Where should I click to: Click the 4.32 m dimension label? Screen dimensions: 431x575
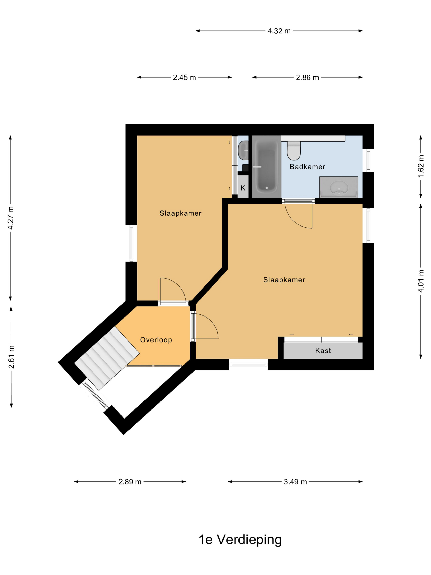point(279,31)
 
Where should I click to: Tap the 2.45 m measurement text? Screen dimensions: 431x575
point(184,77)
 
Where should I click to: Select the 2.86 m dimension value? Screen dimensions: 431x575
point(307,77)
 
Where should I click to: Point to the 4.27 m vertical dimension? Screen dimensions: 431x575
point(11,218)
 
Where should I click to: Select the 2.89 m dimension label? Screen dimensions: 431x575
point(130,482)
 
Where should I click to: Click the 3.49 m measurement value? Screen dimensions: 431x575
point(295,482)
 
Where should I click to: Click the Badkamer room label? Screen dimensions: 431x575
point(307,167)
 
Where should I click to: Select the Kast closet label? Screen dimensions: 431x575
point(323,351)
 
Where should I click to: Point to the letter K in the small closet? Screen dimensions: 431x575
point(243,188)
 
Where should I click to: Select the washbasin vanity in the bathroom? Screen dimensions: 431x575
point(338,187)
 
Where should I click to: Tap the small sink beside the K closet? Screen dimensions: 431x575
point(243,150)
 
